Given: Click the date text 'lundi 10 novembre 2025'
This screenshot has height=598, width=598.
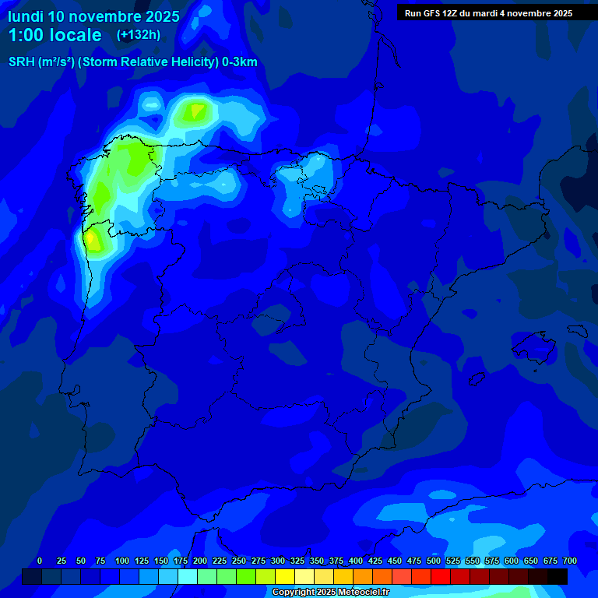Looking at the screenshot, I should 93,16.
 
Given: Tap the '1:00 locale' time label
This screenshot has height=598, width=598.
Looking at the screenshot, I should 55,35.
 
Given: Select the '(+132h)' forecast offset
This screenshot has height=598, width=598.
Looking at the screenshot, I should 138,34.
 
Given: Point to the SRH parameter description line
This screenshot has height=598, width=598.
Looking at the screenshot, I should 133,62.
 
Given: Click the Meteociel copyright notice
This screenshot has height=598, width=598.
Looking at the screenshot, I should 330,592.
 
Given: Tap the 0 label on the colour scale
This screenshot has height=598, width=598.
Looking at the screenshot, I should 40,561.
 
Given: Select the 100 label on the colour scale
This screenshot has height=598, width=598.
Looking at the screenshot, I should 122,561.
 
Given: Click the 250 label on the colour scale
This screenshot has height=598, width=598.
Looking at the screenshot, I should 239,561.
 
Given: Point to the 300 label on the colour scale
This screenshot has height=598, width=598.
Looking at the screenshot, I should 278,561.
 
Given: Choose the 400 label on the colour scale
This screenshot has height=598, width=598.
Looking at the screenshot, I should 356,561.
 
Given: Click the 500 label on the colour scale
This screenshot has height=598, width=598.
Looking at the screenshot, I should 434,561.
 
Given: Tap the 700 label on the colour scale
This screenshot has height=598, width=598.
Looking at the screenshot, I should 569,561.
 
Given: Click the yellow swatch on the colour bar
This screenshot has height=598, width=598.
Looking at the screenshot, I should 285,577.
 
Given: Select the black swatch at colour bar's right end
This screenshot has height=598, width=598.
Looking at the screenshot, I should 558,577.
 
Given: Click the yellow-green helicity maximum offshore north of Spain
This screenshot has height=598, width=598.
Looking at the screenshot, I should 193,111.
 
